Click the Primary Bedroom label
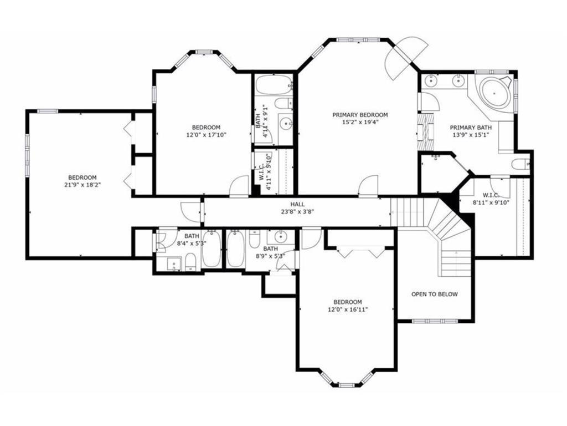pyautogui.click(x=360, y=115)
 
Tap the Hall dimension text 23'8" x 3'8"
pyautogui.click(x=297, y=211)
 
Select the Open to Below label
pyautogui.click(x=434, y=294)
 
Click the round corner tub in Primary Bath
pyautogui.click(x=494, y=93)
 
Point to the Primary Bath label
pyautogui.click(x=471, y=128)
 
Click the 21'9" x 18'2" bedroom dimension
pyautogui.click(x=83, y=185)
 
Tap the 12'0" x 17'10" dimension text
pyautogui.click(x=206, y=135)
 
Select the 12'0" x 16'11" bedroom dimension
pyautogui.click(x=348, y=310)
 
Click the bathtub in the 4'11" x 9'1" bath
pyautogui.click(x=274, y=85)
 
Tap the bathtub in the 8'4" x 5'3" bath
pyautogui.click(x=211, y=249)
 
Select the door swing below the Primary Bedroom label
pyautogui.click(x=368, y=186)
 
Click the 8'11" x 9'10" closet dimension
pyautogui.click(x=491, y=202)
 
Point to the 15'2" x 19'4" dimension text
pyautogui.click(x=360, y=123)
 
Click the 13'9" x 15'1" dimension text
pyautogui.click(x=471, y=135)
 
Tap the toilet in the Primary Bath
pyautogui.click(x=520, y=164)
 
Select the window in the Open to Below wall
pyautogui.click(x=435, y=321)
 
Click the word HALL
pyautogui.click(x=297, y=204)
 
